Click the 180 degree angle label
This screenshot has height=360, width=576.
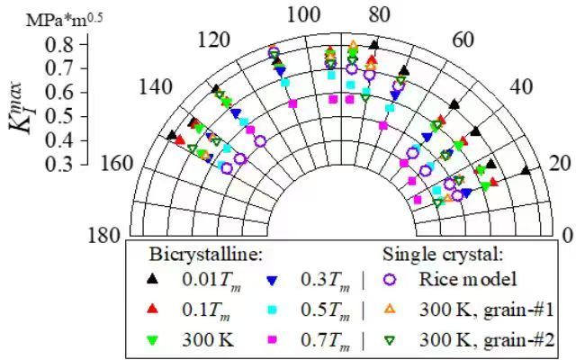pyautogui.click(x=104, y=236)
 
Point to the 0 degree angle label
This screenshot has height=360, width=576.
pyautogui.click(x=566, y=236)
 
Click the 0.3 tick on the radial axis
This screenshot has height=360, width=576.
pyautogui.click(x=59, y=165)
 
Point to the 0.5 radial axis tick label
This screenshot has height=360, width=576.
pyautogui.click(x=59, y=116)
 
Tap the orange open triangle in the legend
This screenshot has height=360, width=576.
pyautogui.click(x=391, y=310)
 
